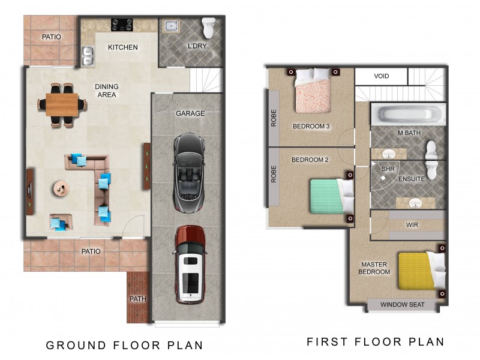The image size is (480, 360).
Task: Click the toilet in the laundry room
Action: pos(208,28)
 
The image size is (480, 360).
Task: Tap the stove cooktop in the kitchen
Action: pos(122,25)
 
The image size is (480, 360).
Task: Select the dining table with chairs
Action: pos(63,104)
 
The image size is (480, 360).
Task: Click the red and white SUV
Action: pos(190,264)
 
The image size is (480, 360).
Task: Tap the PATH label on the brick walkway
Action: pos(137,298)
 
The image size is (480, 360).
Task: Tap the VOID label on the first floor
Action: pos(382,77)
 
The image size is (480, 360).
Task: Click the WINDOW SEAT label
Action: pos(402,305)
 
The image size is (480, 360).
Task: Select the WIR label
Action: pos(412,225)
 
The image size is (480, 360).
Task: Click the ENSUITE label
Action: pos(412,179)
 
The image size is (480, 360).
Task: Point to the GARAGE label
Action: pos(190,113)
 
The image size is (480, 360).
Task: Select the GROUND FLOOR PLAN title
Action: pos(125,345)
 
